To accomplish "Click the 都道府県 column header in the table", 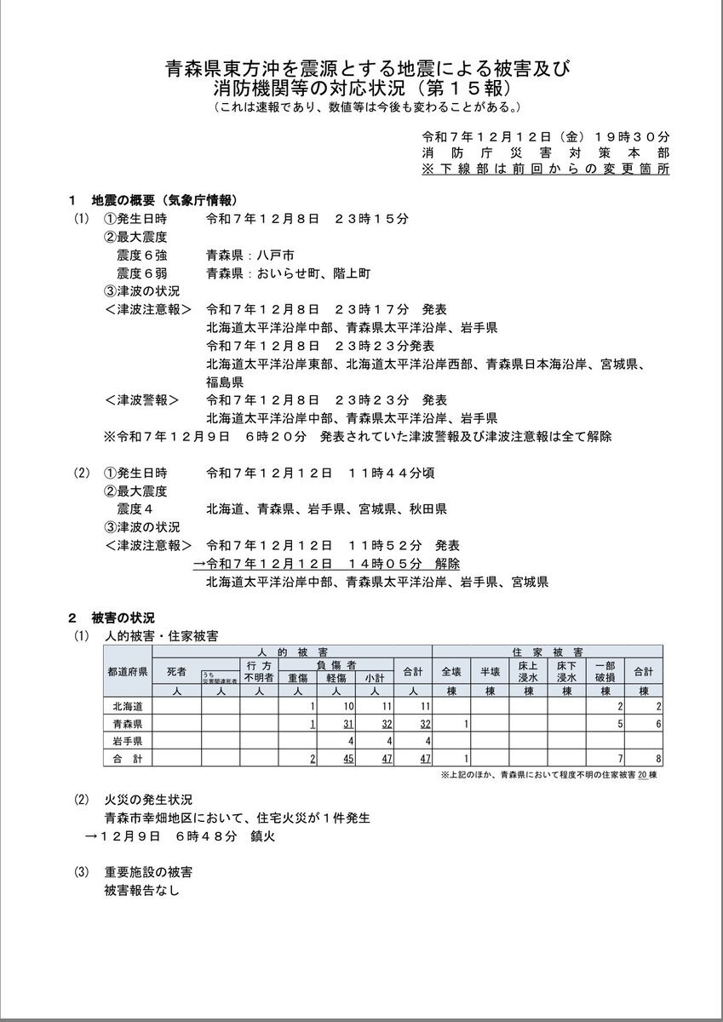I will tap(127, 671).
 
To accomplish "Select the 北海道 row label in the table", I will tap(127, 706).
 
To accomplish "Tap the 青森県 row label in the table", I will tap(127, 723).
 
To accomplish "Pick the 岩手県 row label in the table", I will tap(127, 740).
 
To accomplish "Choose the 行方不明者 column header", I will tap(258, 671).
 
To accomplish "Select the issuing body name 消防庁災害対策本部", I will tap(546, 152).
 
